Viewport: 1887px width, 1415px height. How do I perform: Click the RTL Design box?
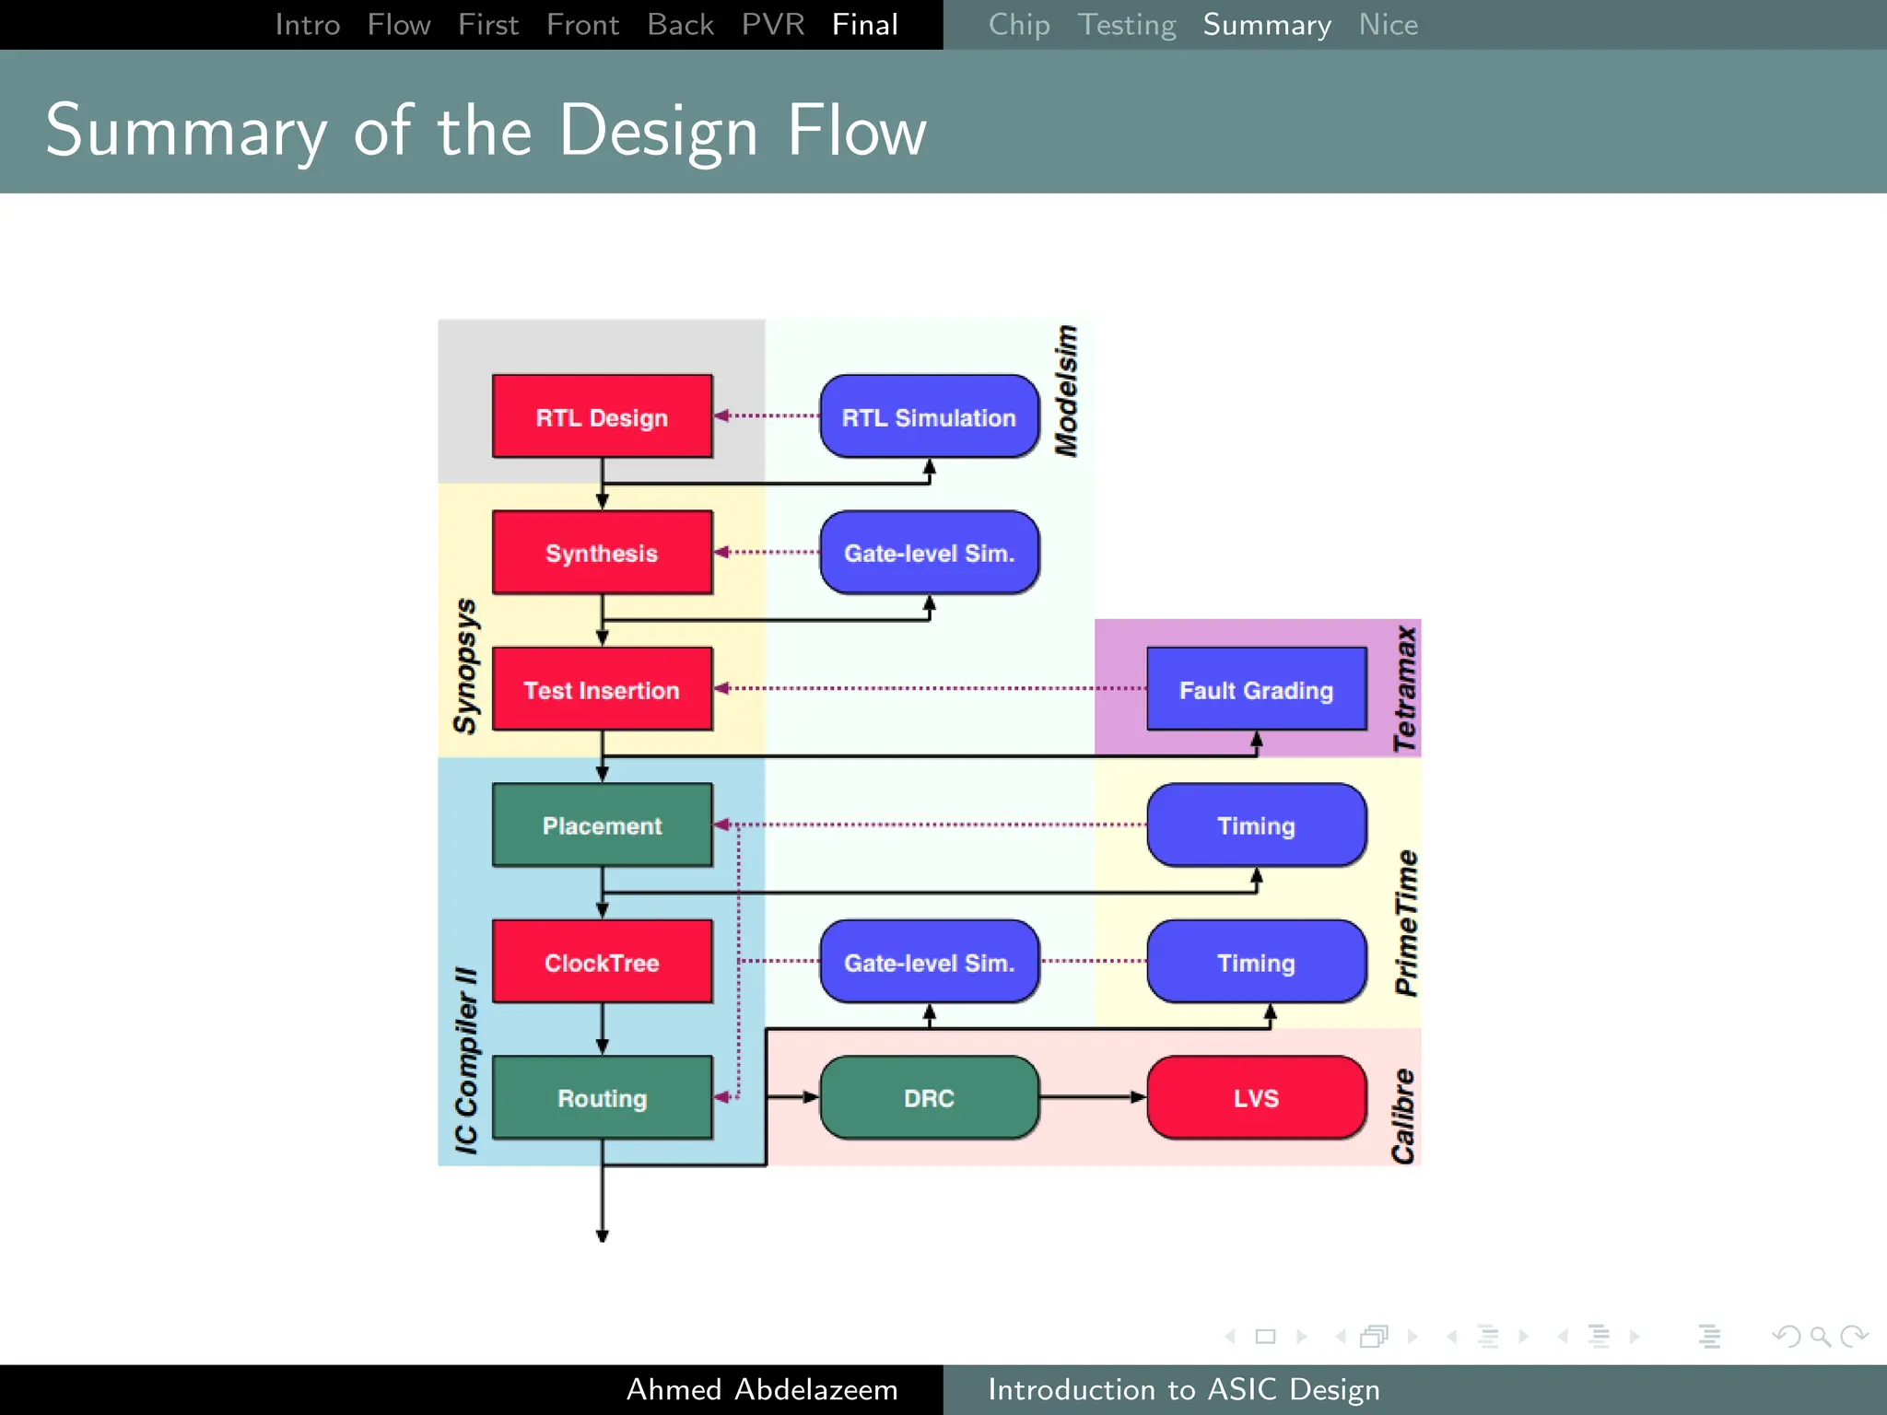click(602, 416)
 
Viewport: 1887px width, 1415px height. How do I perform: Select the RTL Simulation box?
click(929, 416)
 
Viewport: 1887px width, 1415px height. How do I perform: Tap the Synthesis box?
click(602, 553)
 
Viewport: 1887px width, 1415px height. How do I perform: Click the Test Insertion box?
click(602, 689)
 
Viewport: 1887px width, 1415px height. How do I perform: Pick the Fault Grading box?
click(1256, 689)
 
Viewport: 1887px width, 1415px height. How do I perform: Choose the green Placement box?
click(602, 825)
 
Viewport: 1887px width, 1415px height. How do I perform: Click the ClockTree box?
click(602, 962)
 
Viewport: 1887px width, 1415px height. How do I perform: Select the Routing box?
click(602, 1098)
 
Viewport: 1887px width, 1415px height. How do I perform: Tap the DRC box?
click(929, 1098)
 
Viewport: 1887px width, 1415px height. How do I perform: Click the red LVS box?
click(1256, 1098)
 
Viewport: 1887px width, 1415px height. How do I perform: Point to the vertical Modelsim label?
click(1066, 391)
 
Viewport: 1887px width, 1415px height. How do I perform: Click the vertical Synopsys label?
click(465, 665)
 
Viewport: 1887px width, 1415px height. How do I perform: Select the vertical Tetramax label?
click(1404, 688)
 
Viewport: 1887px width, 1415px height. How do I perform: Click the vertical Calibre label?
click(1403, 1116)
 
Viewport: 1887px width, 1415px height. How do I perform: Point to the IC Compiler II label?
click(466, 1059)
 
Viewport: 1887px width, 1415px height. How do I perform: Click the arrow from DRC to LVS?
click(1093, 1097)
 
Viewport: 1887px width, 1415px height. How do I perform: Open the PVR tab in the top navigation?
click(772, 25)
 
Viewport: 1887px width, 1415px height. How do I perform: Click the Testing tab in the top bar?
click(1126, 25)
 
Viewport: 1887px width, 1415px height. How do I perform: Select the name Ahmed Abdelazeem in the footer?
click(761, 1389)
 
